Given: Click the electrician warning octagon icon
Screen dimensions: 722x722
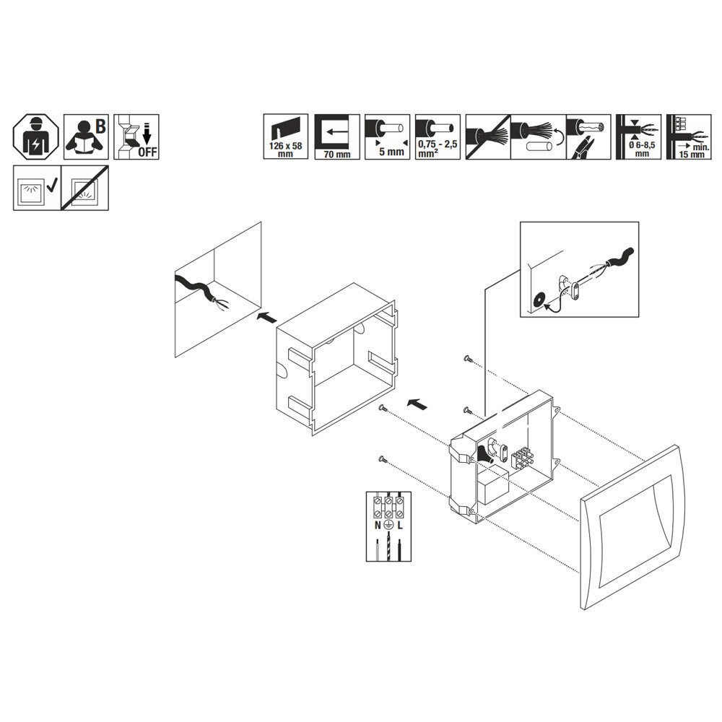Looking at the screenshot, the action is [35, 136].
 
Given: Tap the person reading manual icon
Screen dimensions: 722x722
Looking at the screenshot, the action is [86, 136].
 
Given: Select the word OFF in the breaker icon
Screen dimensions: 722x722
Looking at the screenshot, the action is [147, 152].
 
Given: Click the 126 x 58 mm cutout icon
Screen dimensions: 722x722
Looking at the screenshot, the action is [285, 136].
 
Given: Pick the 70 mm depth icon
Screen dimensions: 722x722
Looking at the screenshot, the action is [337, 136].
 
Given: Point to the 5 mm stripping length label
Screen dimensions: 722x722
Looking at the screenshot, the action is [391, 152].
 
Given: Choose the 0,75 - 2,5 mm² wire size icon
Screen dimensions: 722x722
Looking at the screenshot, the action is [438, 136].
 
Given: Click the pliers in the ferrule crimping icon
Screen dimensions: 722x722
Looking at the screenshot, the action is [582, 148].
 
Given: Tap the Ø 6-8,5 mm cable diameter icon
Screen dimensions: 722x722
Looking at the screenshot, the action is [638, 136].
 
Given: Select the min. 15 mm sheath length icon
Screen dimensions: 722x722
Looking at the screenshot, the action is [689, 136].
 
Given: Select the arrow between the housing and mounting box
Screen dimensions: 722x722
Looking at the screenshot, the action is [417, 404].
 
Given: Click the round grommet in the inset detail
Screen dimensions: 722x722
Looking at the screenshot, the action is [538, 299].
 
